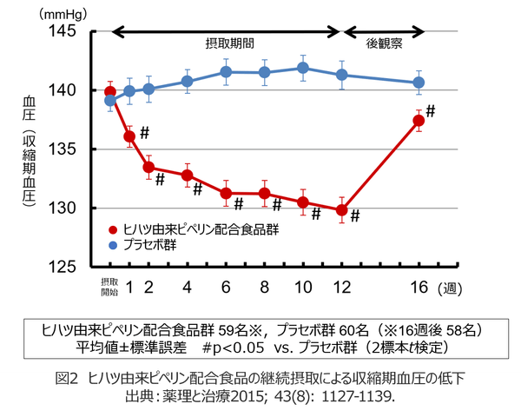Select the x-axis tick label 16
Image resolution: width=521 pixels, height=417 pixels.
click(419, 287)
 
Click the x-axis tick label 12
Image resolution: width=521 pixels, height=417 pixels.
click(341, 287)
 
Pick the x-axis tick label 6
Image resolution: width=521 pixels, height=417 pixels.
click(226, 287)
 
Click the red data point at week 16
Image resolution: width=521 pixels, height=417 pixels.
click(419, 121)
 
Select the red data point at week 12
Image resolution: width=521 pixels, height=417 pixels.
click(341, 209)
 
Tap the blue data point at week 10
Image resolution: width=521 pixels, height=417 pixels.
click(303, 68)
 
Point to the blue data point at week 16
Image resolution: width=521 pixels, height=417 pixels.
click(419, 83)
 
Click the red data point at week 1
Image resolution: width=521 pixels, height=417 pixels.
click(129, 136)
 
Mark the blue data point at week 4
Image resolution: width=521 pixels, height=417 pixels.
click(187, 82)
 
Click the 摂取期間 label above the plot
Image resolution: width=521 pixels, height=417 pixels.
click(230, 42)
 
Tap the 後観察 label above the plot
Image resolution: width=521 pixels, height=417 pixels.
click(383, 42)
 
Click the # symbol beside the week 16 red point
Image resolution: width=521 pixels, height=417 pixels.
click(431, 111)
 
